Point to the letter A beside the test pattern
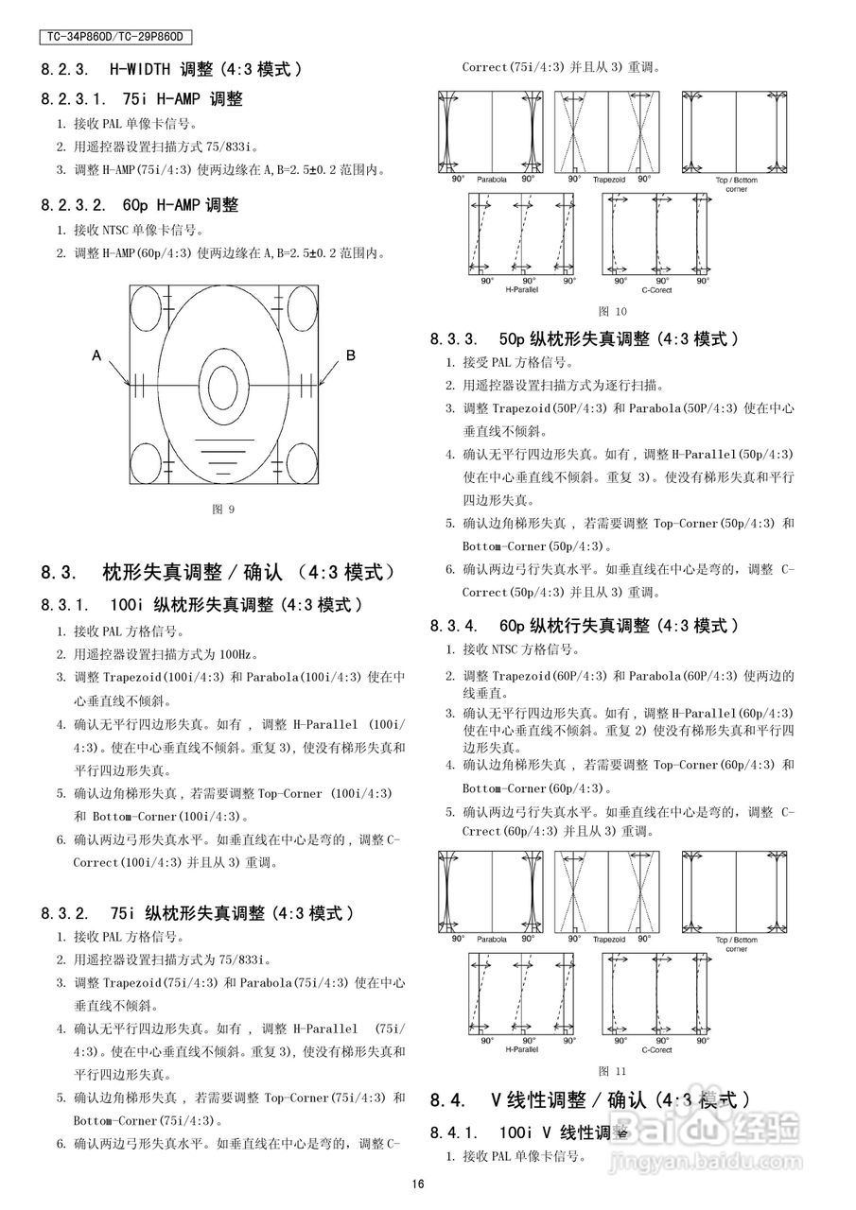(96, 356)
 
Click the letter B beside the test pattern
(351, 355)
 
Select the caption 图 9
(223, 510)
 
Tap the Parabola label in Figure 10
(492, 180)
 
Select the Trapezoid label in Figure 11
(608, 941)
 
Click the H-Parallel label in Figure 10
(521, 290)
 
